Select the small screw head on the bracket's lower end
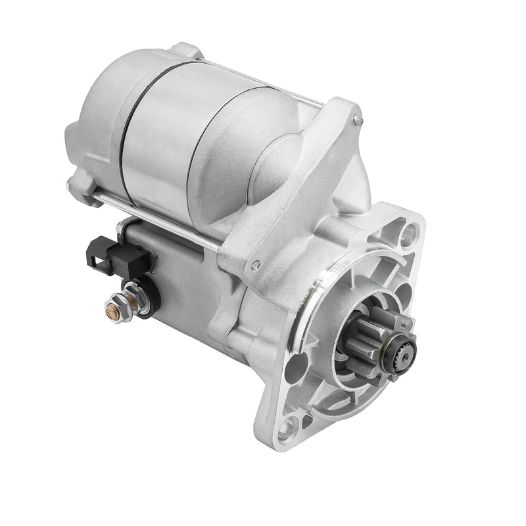255,265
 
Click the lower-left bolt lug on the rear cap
82,187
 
